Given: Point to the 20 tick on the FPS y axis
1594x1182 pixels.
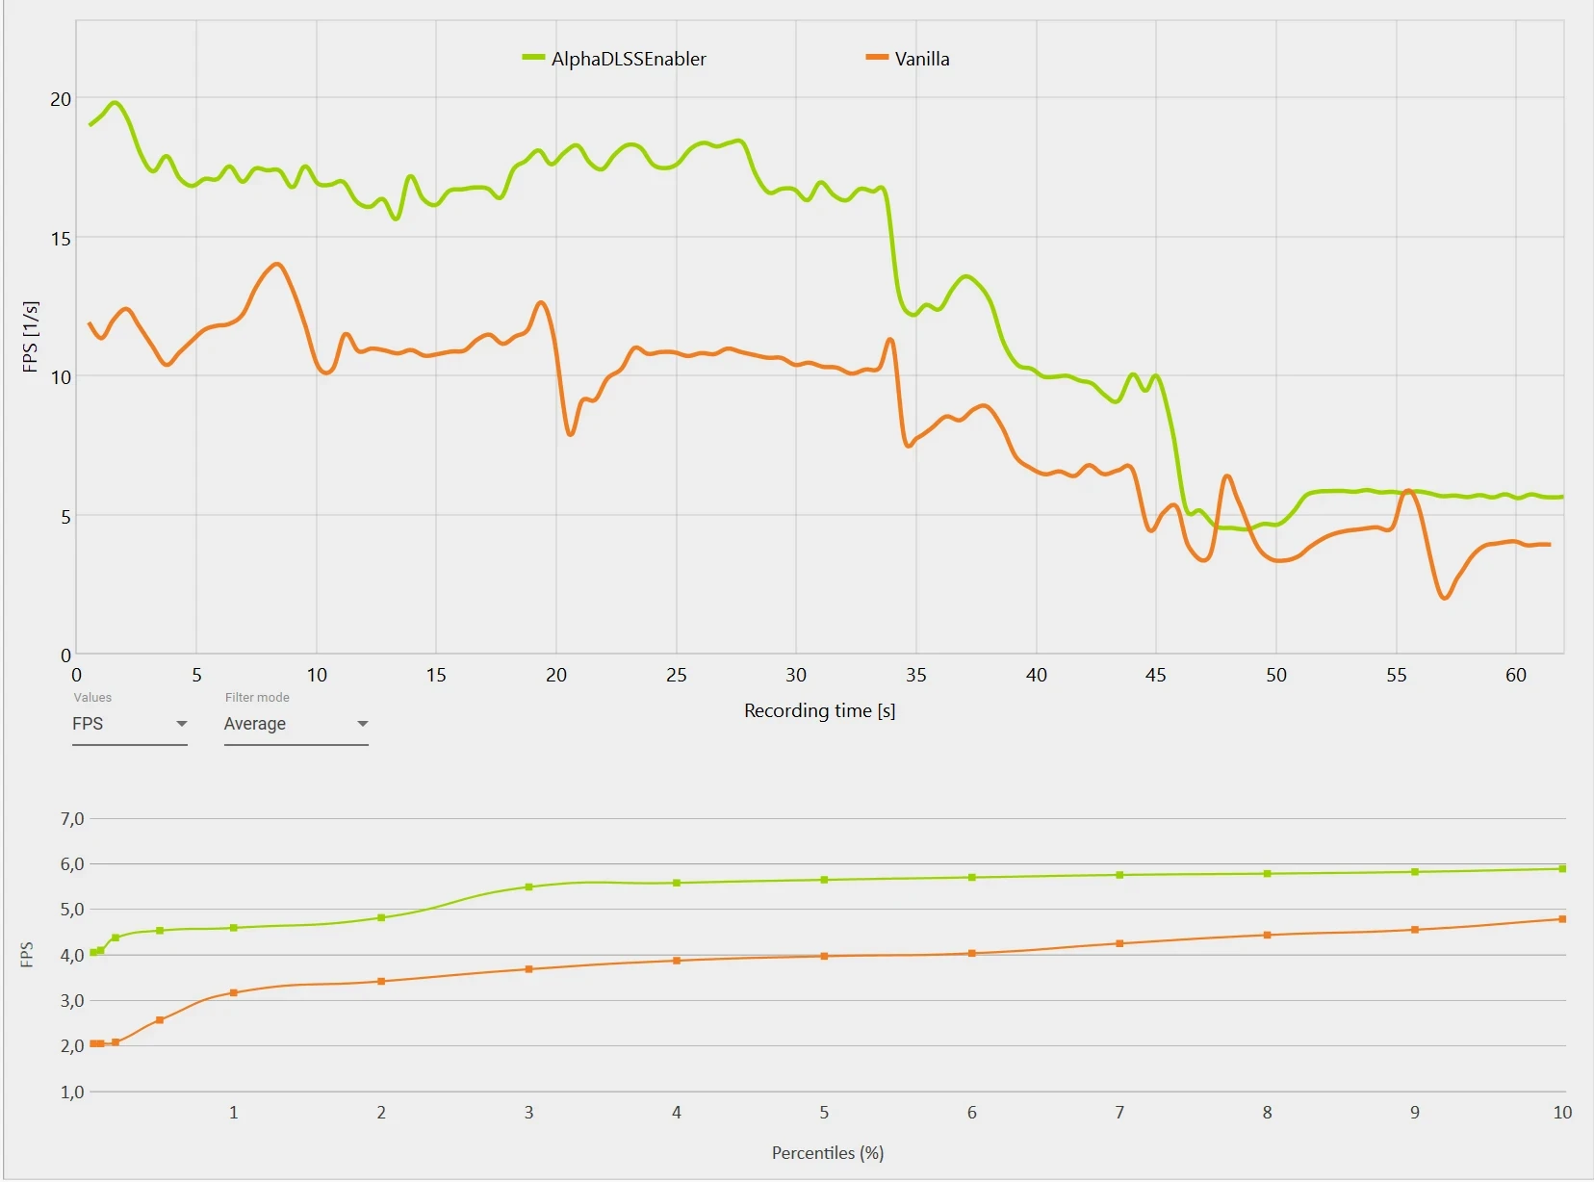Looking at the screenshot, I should [61, 99].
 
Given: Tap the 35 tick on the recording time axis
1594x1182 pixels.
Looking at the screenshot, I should [916, 675].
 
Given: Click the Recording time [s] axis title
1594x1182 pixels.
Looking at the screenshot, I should [819, 710].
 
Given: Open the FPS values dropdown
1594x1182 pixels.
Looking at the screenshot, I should [129, 724].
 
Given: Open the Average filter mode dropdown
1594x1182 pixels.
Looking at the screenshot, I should [296, 724].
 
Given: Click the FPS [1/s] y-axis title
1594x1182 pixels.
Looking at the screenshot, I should [30, 336].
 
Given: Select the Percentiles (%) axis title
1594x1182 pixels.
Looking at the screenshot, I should [827, 1152].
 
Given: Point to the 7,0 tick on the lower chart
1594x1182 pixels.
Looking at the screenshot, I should [72, 819].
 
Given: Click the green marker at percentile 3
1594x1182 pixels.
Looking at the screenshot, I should [528, 886].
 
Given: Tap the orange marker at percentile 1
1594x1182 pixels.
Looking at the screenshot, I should [234, 992].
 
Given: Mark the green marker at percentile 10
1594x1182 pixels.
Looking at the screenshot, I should [1562, 868].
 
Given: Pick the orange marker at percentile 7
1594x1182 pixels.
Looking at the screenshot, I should [1119, 943].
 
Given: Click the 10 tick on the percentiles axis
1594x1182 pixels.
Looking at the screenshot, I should [1562, 1112].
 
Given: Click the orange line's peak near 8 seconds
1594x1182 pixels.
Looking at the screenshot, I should [277, 264].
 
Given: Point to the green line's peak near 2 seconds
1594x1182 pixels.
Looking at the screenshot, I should [116, 102].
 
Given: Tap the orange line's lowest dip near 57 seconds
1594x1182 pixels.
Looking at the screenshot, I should [1445, 598].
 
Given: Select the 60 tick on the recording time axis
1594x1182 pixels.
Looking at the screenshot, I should [1516, 675].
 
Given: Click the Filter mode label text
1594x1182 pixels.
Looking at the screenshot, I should [257, 697].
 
